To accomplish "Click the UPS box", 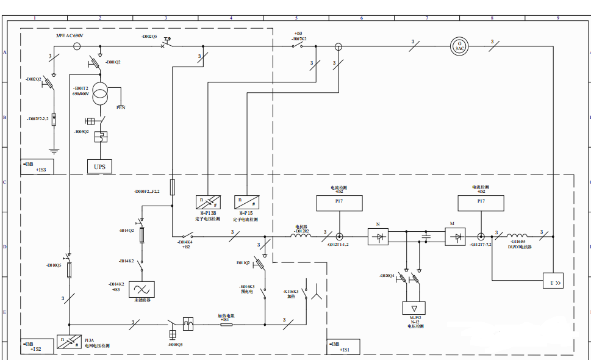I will click(99, 166).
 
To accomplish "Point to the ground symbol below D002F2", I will click(54, 149).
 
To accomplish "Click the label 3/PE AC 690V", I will click(70, 36).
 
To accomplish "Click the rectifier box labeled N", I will click(378, 237).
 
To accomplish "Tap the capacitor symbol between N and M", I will click(426, 236).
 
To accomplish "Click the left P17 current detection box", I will click(339, 203).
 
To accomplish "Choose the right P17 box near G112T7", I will click(481, 203).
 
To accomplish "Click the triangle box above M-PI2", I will click(415, 308).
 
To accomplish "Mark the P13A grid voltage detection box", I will click(68, 342).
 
